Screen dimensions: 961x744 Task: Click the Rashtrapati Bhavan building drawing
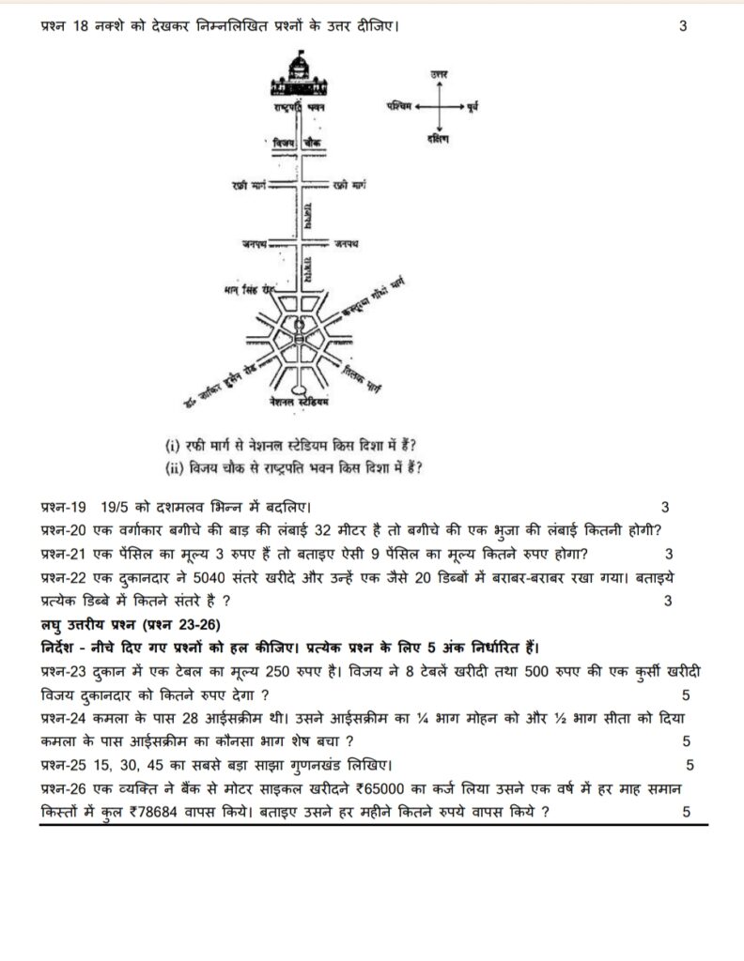click(x=298, y=74)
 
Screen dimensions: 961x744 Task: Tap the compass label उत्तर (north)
click(x=436, y=73)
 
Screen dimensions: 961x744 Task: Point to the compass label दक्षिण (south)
click(x=436, y=140)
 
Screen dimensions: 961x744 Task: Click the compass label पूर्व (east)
click(x=473, y=112)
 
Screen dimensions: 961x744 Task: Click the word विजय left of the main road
click(x=283, y=142)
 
